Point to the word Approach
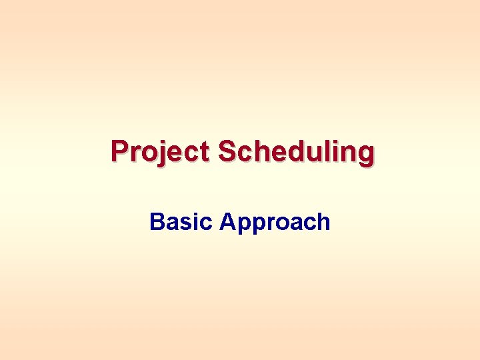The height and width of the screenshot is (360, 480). pyautogui.click(x=275, y=221)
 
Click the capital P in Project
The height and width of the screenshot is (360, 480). pyautogui.click(x=120, y=151)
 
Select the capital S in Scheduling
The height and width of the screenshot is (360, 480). pyautogui.click(x=227, y=151)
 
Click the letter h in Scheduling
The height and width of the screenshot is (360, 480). pyautogui.click(x=261, y=151)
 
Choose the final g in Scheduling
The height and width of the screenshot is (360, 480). pyautogui.click(x=365, y=155)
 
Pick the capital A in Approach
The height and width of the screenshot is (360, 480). pyautogui.click(x=227, y=221)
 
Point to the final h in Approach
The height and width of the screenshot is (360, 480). pyautogui.click(x=323, y=221)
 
